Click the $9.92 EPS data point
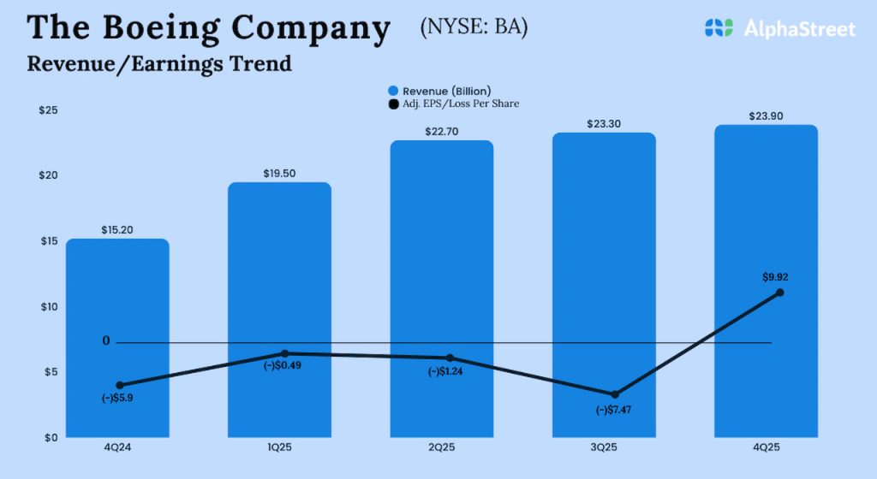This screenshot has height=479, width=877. [779, 293]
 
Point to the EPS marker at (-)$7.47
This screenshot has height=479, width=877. [616, 394]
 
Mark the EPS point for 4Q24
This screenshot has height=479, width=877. [120, 386]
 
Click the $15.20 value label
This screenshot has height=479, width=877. [117, 230]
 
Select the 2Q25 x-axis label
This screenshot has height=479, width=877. [442, 446]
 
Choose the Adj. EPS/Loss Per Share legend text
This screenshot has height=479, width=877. [461, 103]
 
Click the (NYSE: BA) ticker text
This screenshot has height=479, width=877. [474, 27]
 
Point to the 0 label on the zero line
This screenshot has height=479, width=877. [106, 341]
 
